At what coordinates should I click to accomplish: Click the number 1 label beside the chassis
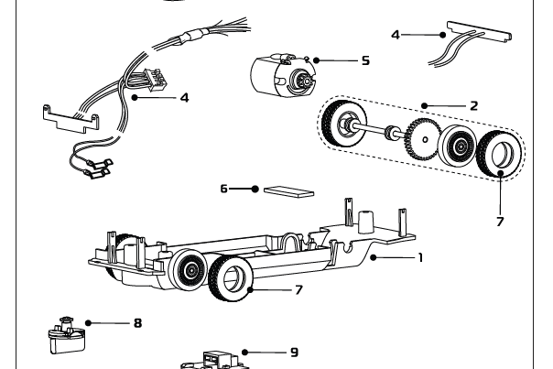click(x=419, y=258)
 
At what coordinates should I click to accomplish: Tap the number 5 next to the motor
click(x=364, y=60)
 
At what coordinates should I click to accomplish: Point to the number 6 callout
click(x=223, y=189)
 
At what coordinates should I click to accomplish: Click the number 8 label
click(x=137, y=322)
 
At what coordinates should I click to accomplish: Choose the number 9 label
click(x=294, y=351)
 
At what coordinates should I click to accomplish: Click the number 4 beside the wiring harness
click(x=184, y=95)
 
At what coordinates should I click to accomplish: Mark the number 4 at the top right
click(x=396, y=35)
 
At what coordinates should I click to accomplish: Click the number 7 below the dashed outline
click(x=501, y=221)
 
